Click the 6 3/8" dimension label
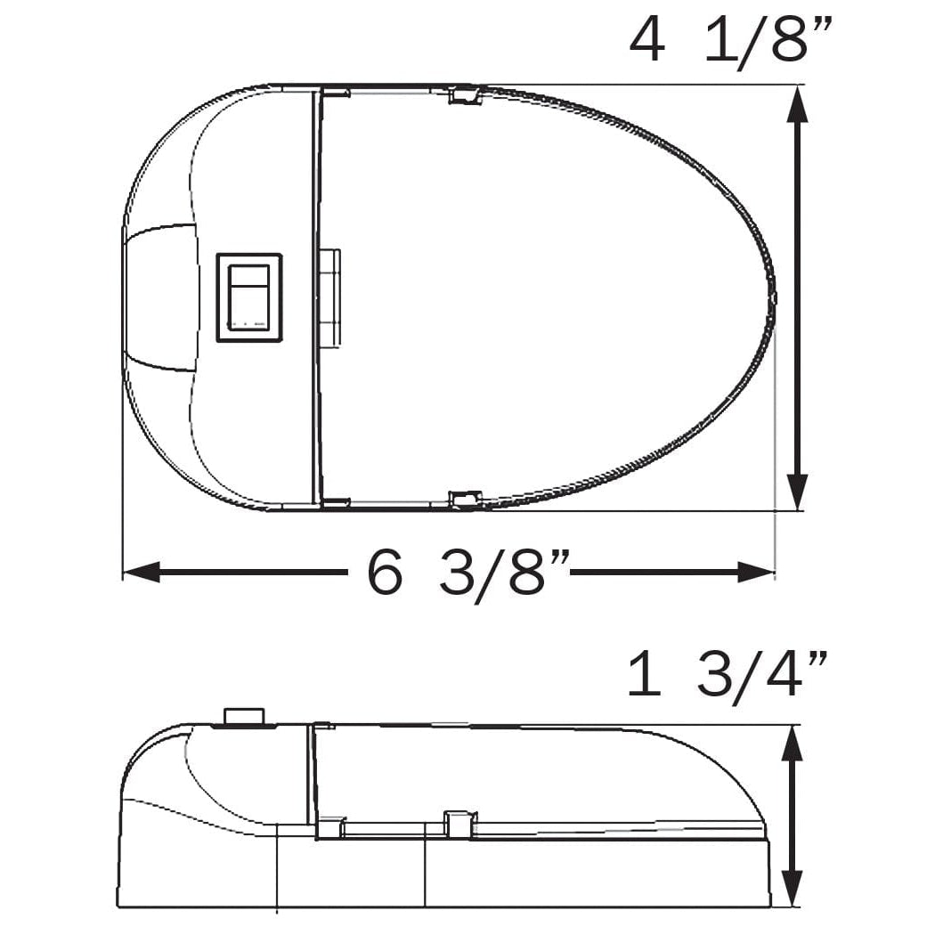coord(467,573)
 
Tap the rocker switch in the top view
coord(249,297)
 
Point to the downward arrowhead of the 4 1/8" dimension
coord(798,491)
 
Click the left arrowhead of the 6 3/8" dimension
coord(142,573)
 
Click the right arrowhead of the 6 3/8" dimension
coord(756,573)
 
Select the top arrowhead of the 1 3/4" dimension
coord(792,744)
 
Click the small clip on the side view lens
coord(459,824)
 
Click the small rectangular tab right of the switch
coord(329,297)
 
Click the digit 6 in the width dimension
coord(385,573)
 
